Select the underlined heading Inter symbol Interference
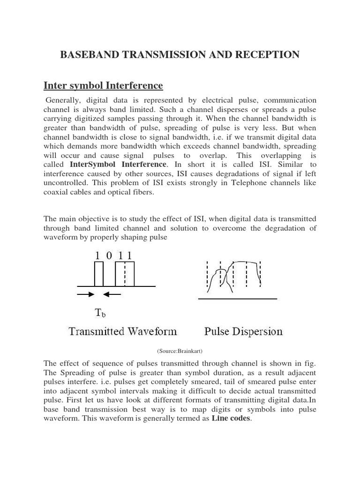103,85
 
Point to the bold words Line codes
231,419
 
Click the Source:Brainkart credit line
180,350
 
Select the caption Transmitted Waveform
122,332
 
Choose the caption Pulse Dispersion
243,332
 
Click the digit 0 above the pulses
109,255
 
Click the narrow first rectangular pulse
98,274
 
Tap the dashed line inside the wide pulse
124,274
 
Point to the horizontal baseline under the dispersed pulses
237,298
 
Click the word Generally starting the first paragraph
63,101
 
